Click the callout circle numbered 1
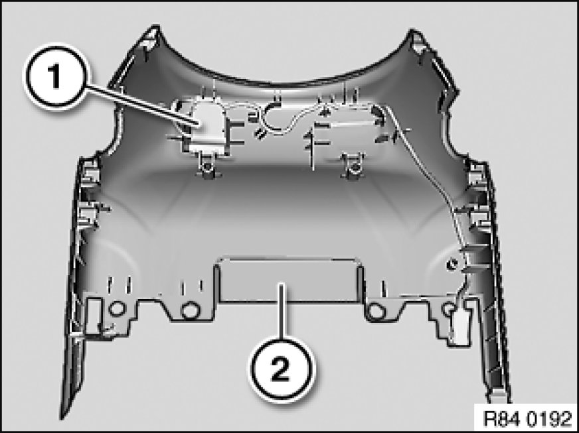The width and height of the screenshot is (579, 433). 56,77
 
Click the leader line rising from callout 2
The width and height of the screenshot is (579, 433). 282,310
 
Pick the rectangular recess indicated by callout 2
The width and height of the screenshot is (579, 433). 289,280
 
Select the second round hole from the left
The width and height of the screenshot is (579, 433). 191,310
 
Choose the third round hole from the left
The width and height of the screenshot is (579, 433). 377,310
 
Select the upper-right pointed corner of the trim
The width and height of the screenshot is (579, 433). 413,31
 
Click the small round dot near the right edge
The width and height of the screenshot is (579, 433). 452,264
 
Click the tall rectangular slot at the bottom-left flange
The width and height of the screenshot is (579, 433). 93,316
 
